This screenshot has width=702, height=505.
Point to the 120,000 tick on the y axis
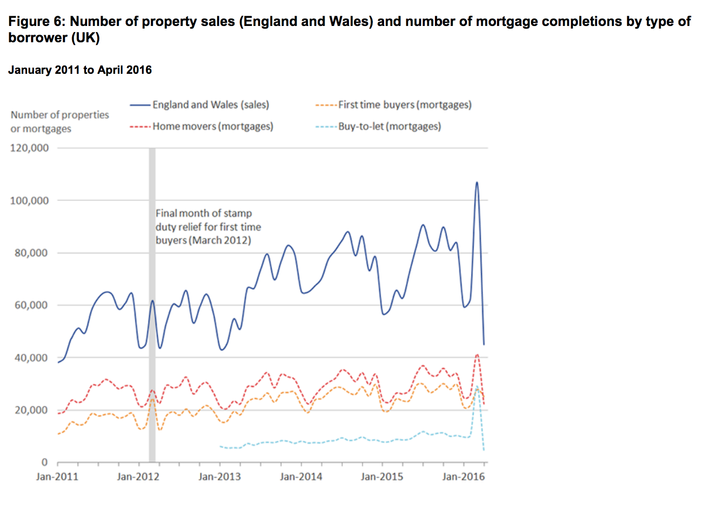click(x=30, y=148)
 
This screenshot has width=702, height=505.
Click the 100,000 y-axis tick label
click(x=30, y=201)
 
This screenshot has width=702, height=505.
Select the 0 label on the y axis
click(x=44, y=462)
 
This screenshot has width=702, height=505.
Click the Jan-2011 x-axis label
click(x=57, y=477)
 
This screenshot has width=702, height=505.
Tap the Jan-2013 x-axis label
click(x=219, y=477)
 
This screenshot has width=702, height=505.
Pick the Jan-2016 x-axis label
click(x=463, y=477)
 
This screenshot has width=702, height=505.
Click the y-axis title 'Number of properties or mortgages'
click(x=60, y=122)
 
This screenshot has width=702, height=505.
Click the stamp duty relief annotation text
click(x=208, y=227)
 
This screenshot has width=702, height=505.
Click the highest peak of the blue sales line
click(x=477, y=182)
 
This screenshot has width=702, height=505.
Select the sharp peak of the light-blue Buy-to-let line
click(x=477, y=387)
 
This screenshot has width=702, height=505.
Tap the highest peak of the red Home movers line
click(x=477, y=354)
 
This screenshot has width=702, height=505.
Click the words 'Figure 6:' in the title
click(x=37, y=21)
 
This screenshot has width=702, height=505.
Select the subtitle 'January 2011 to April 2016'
click(x=80, y=70)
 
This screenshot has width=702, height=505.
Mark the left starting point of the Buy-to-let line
click(x=220, y=446)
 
